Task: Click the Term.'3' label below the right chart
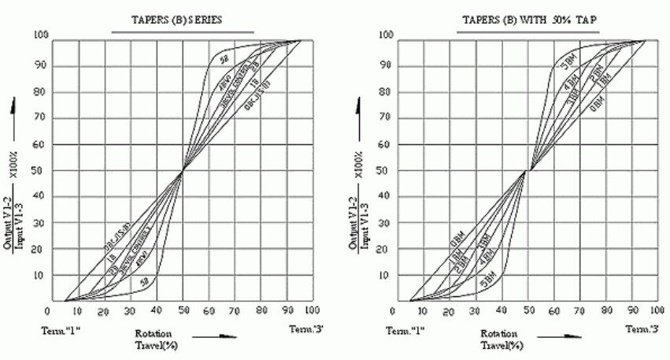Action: click(x=642, y=328)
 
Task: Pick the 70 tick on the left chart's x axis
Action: click(x=235, y=312)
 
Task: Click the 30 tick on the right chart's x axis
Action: click(x=475, y=312)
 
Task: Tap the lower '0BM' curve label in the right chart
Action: click(x=457, y=234)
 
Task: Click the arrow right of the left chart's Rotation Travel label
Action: click(x=217, y=336)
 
